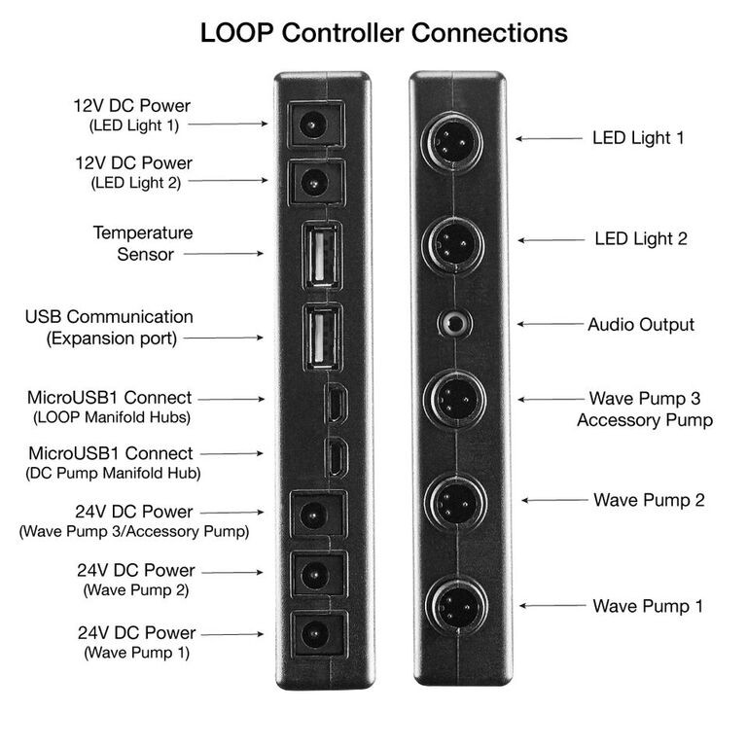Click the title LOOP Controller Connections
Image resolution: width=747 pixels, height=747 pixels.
[x=383, y=32]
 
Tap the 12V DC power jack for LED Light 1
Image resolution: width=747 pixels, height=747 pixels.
[x=313, y=124]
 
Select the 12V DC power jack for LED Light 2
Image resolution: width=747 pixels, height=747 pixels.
[x=313, y=180]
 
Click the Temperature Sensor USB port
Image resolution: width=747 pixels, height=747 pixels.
[x=321, y=256]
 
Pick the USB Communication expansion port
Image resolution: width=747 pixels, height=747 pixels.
[x=321, y=337]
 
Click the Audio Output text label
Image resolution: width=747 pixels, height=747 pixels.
[x=641, y=324]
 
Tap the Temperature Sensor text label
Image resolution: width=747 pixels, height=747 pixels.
[x=143, y=243]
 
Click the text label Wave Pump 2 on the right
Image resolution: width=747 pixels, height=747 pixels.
[x=648, y=500]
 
